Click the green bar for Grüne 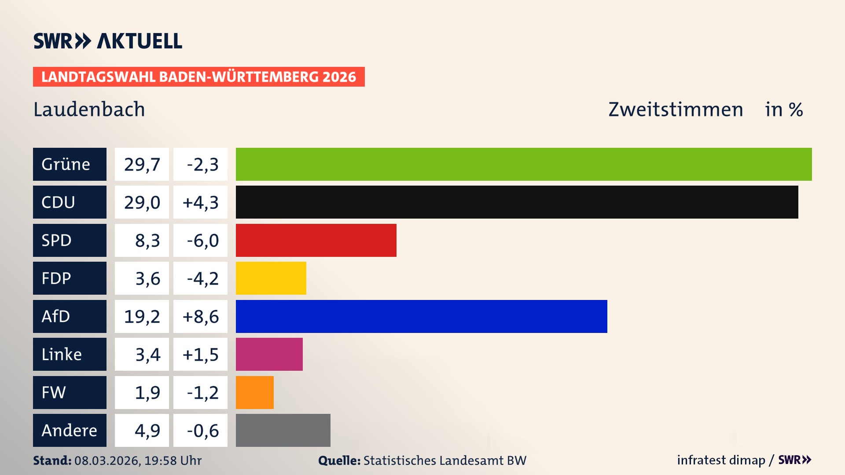[x=524, y=164]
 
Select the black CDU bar [x=517, y=202]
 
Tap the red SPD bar [x=316, y=240]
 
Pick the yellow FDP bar [x=271, y=278]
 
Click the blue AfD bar [x=421, y=316]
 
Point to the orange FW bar [x=254, y=392]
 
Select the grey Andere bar [x=283, y=430]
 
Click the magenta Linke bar [x=269, y=354]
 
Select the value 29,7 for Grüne [x=142, y=164]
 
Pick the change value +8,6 [x=200, y=316]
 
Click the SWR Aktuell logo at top [x=108, y=41]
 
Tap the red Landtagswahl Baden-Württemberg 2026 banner [x=198, y=77]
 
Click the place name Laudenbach [x=89, y=109]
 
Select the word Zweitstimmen [x=676, y=109]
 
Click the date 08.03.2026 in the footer [x=107, y=460]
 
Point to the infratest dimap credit [x=721, y=460]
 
